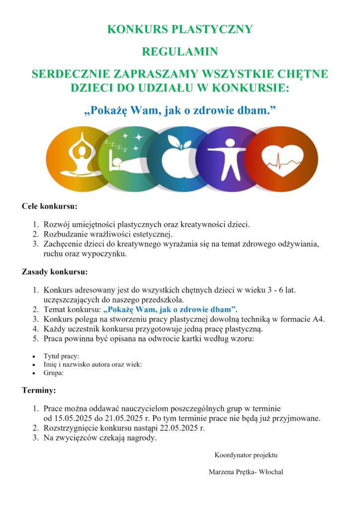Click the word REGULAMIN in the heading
pyautogui.click(x=180, y=51)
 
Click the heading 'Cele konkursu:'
pyautogui.click(x=49, y=206)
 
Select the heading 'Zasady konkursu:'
pyautogui.click(x=55, y=272)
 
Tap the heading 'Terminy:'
pyautogui.click(x=39, y=390)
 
